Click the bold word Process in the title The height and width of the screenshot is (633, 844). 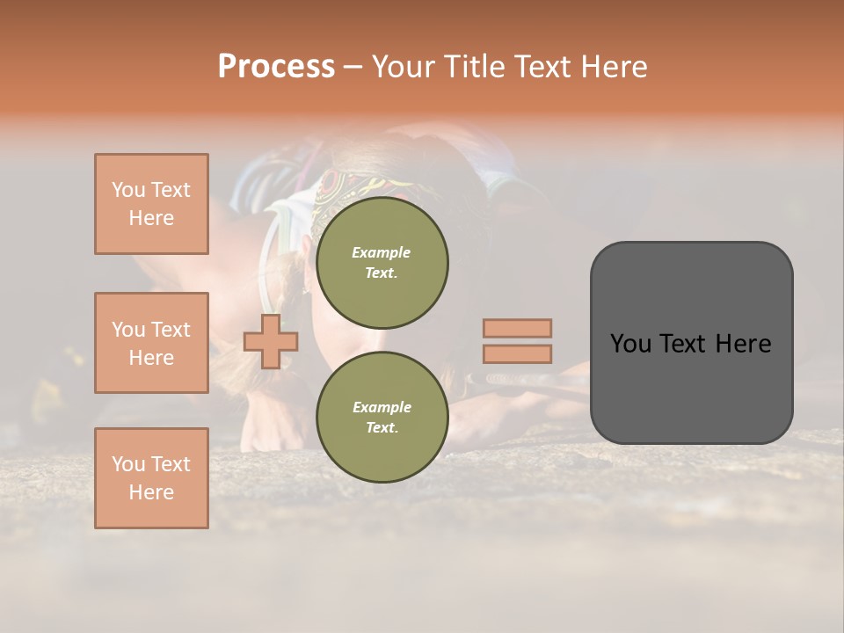point(276,67)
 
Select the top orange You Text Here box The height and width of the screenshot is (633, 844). point(151,204)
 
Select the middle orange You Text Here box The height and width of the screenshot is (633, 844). point(151,343)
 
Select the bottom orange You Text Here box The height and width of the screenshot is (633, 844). point(151,478)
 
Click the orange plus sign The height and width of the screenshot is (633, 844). point(271,342)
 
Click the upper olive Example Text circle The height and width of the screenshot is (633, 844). point(382,263)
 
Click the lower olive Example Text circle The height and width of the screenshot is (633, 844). point(382,418)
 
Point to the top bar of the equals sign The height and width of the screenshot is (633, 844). point(518,329)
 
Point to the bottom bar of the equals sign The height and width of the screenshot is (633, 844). point(518,354)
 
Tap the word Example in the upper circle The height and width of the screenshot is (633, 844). point(382,252)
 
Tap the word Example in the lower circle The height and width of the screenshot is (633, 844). point(382,407)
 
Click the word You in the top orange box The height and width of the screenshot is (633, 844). point(128,190)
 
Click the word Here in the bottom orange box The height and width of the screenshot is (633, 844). point(151,492)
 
